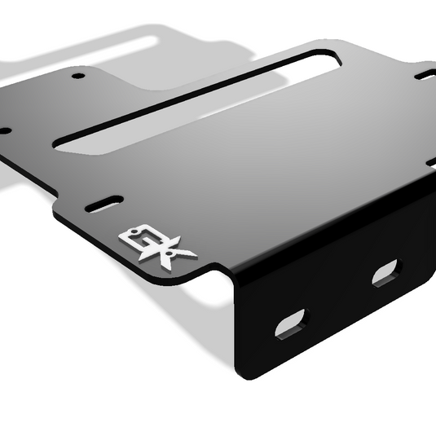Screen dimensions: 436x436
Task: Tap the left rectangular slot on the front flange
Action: [x=291, y=324]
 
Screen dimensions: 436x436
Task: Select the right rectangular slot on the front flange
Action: [x=385, y=272]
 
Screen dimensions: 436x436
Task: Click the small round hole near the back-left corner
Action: [x=78, y=76]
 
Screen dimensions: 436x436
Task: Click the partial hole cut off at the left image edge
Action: [x=3, y=130]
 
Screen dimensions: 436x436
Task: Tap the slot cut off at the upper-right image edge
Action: [x=427, y=74]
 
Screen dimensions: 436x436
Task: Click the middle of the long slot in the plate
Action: [x=196, y=102]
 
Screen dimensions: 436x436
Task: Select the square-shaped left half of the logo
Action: [x=134, y=237]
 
